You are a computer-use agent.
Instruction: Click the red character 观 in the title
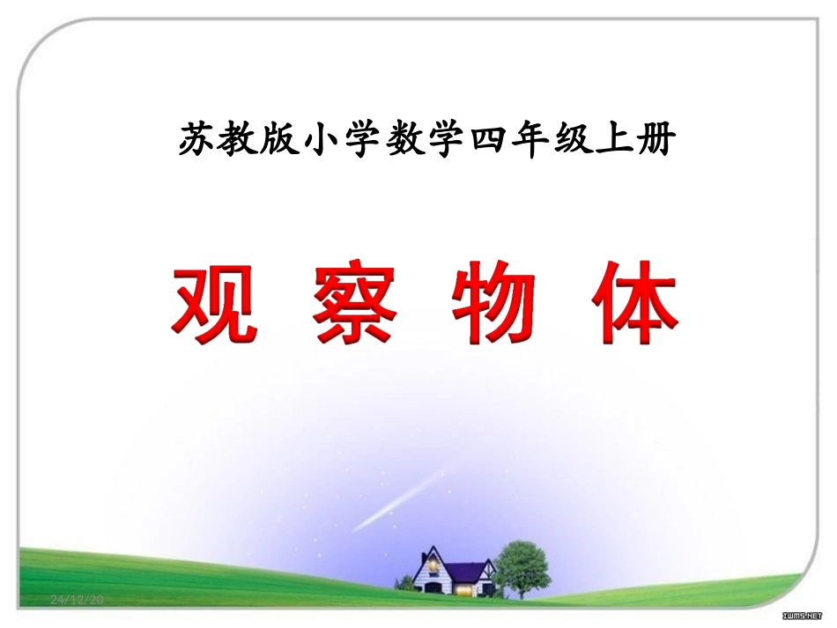coord(215,303)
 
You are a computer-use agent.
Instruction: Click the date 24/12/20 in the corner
coord(78,600)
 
